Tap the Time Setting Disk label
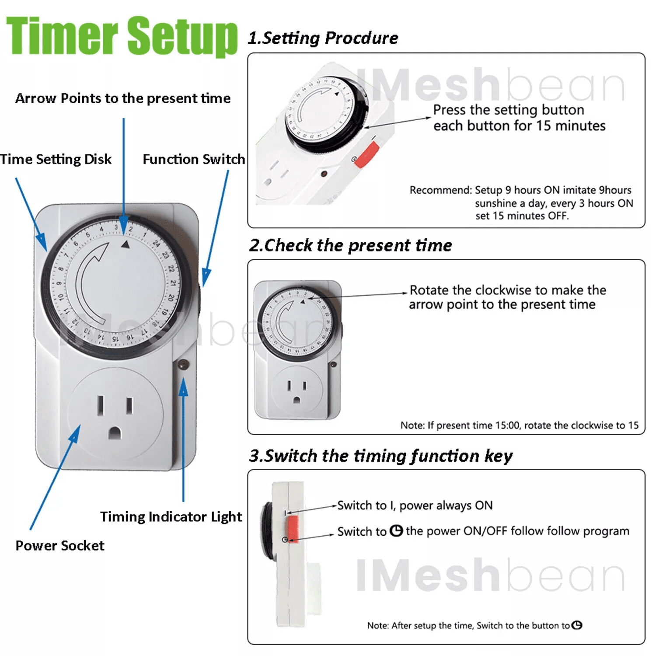tap(56, 159)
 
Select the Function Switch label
tap(194, 159)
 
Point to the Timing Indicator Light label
tap(171, 517)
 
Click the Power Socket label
tap(60, 545)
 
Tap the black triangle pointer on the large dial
tap(126, 244)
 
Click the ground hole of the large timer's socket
tap(115, 433)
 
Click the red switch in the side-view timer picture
tap(293, 529)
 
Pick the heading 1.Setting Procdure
tap(323, 38)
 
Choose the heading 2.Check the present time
tap(350, 245)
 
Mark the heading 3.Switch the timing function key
tap(380, 456)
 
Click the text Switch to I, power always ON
tap(415, 506)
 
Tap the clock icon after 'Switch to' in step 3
tap(396, 531)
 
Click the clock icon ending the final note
tap(577, 625)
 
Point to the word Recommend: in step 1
tap(441, 190)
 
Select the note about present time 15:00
tap(520, 425)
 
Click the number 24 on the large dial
tap(156, 244)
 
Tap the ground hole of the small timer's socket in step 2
tap(297, 400)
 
